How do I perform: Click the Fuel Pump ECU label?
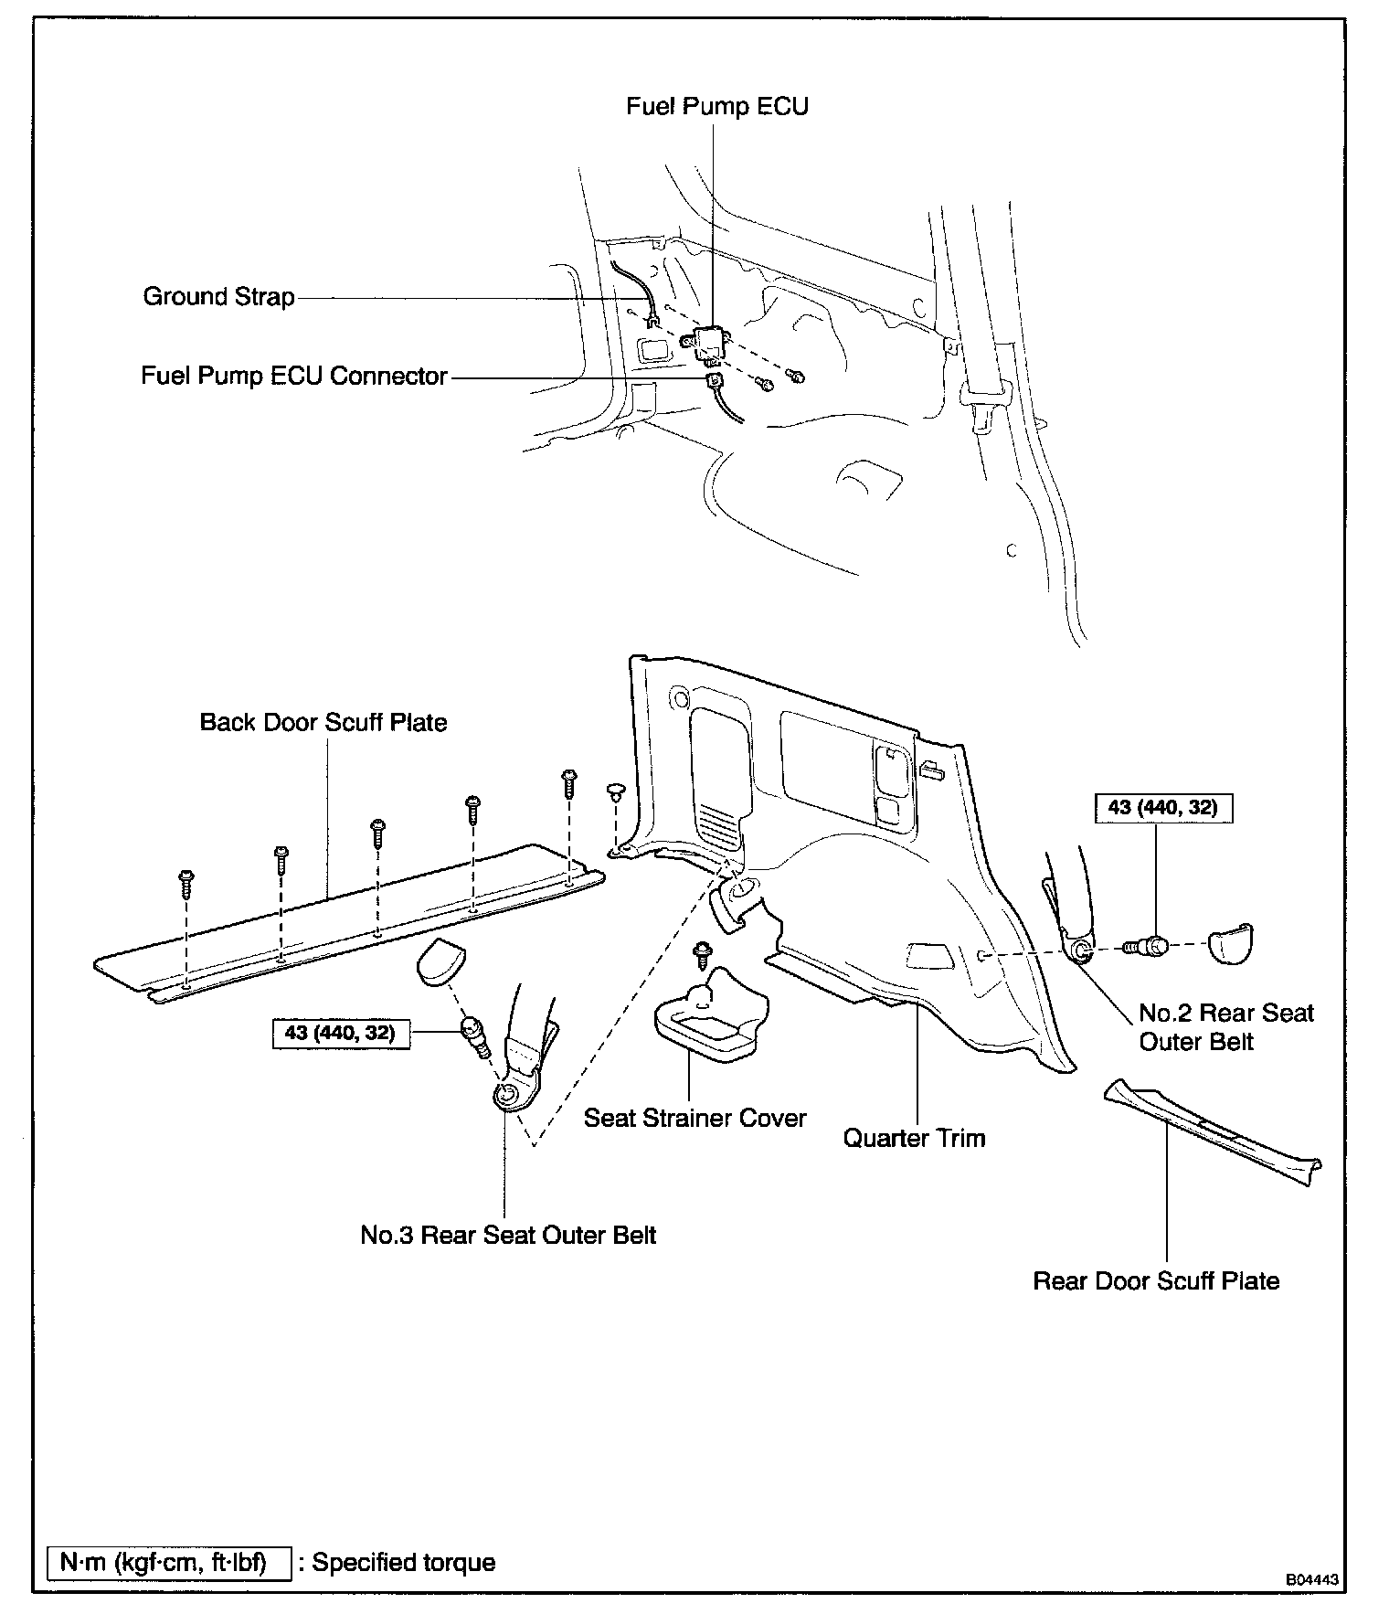(717, 107)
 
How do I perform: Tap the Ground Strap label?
(219, 297)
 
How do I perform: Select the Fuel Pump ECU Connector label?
(294, 377)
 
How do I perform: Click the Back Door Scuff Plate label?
(323, 723)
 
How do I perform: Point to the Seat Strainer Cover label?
(695, 1118)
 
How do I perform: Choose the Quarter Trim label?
(914, 1138)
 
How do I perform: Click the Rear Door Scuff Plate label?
(1156, 1280)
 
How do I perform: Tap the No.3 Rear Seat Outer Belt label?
(508, 1235)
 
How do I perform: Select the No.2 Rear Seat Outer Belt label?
(1225, 1027)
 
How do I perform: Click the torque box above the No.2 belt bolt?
(1162, 808)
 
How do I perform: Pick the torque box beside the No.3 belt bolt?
(341, 1034)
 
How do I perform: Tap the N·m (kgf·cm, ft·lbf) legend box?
(169, 1562)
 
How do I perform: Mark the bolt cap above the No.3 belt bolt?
(441, 962)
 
